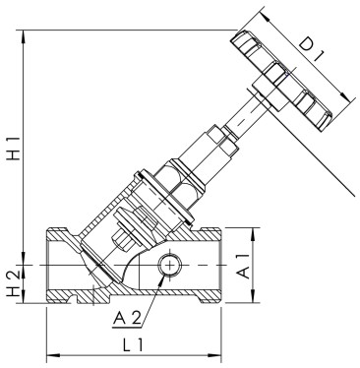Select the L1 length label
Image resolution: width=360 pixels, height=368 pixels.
(x=135, y=344)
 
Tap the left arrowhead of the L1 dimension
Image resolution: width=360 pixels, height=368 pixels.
(x=49, y=353)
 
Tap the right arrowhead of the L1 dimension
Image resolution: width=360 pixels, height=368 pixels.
(x=221, y=353)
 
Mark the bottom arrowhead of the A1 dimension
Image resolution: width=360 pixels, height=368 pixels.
(x=255, y=301)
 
